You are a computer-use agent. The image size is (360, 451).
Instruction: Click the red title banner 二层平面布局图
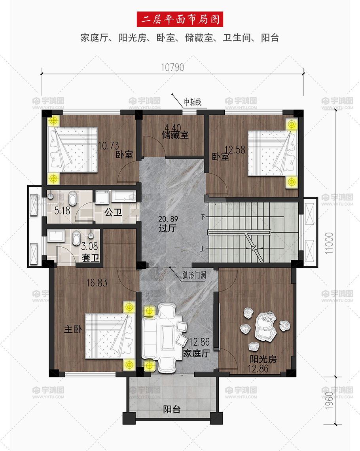[180, 19]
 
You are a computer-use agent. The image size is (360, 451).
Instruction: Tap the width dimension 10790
[172, 67]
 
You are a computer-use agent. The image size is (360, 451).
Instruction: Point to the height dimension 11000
[329, 243]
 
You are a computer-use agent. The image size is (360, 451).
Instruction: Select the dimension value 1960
[329, 400]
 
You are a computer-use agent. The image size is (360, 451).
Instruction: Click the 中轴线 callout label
[193, 102]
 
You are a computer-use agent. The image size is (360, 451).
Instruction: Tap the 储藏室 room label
[175, 135]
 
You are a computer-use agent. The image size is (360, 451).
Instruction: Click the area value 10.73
[108, 146]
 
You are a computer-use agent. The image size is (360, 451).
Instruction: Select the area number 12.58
[235, 150]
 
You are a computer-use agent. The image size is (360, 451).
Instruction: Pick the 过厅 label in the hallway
[168, 228]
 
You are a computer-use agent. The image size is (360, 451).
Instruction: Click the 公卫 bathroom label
[113, 212]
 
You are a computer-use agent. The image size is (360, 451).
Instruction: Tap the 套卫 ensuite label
[91, 258]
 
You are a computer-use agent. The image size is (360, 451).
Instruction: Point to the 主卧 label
[73, 329]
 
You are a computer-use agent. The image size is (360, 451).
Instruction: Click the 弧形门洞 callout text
[194, 275]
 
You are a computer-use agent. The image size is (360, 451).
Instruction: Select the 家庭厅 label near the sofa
[196, 353]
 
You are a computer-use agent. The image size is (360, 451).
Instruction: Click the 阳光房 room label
[263, 359]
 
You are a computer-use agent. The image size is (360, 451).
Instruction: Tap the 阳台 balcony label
[172, 409]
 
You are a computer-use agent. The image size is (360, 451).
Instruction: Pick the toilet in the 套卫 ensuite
[76, 238]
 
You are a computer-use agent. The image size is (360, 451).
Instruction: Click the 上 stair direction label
[203, 248]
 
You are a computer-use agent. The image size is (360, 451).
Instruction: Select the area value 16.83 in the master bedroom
[97, 283]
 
